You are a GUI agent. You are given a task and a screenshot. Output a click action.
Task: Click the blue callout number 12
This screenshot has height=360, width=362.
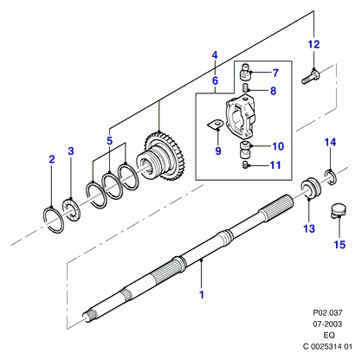314,44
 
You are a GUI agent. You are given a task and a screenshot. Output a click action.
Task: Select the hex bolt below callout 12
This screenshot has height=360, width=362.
311,77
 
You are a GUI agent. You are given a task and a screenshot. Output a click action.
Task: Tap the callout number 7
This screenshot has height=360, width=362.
275,73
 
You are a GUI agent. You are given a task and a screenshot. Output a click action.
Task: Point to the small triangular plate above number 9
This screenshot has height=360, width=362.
215,125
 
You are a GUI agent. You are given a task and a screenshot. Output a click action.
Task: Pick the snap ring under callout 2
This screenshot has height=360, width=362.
54,220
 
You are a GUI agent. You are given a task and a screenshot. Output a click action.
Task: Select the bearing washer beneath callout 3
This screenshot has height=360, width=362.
72,209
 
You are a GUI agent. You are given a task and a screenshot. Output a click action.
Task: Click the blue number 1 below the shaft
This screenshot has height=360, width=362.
202,294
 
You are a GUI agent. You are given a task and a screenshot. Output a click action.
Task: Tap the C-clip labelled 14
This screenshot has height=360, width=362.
331,177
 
